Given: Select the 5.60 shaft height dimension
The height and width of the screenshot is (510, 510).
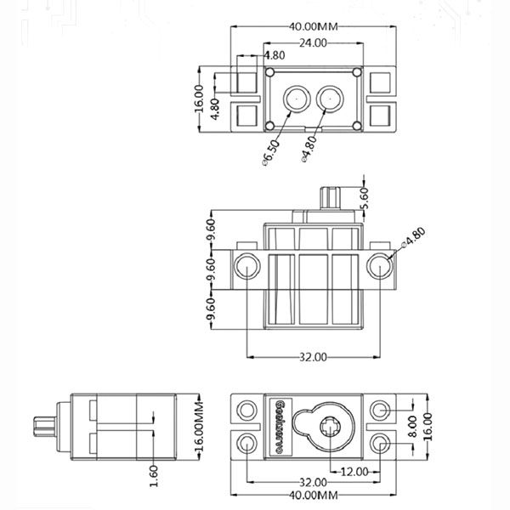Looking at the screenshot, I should click(x=365, y=195).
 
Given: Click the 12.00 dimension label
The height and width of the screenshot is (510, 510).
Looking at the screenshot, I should click(x=354, y=471).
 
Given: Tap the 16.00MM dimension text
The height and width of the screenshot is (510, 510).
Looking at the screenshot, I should click(x=200, y=426).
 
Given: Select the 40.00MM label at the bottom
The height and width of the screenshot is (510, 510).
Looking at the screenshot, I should click(x=314, y=495).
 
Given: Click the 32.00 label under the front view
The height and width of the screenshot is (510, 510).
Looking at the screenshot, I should click(x=313, y=357).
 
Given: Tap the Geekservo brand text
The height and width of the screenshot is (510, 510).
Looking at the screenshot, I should click(x=278, y=426).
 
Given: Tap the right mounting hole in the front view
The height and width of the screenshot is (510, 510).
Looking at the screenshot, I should click(x=378, y=265).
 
